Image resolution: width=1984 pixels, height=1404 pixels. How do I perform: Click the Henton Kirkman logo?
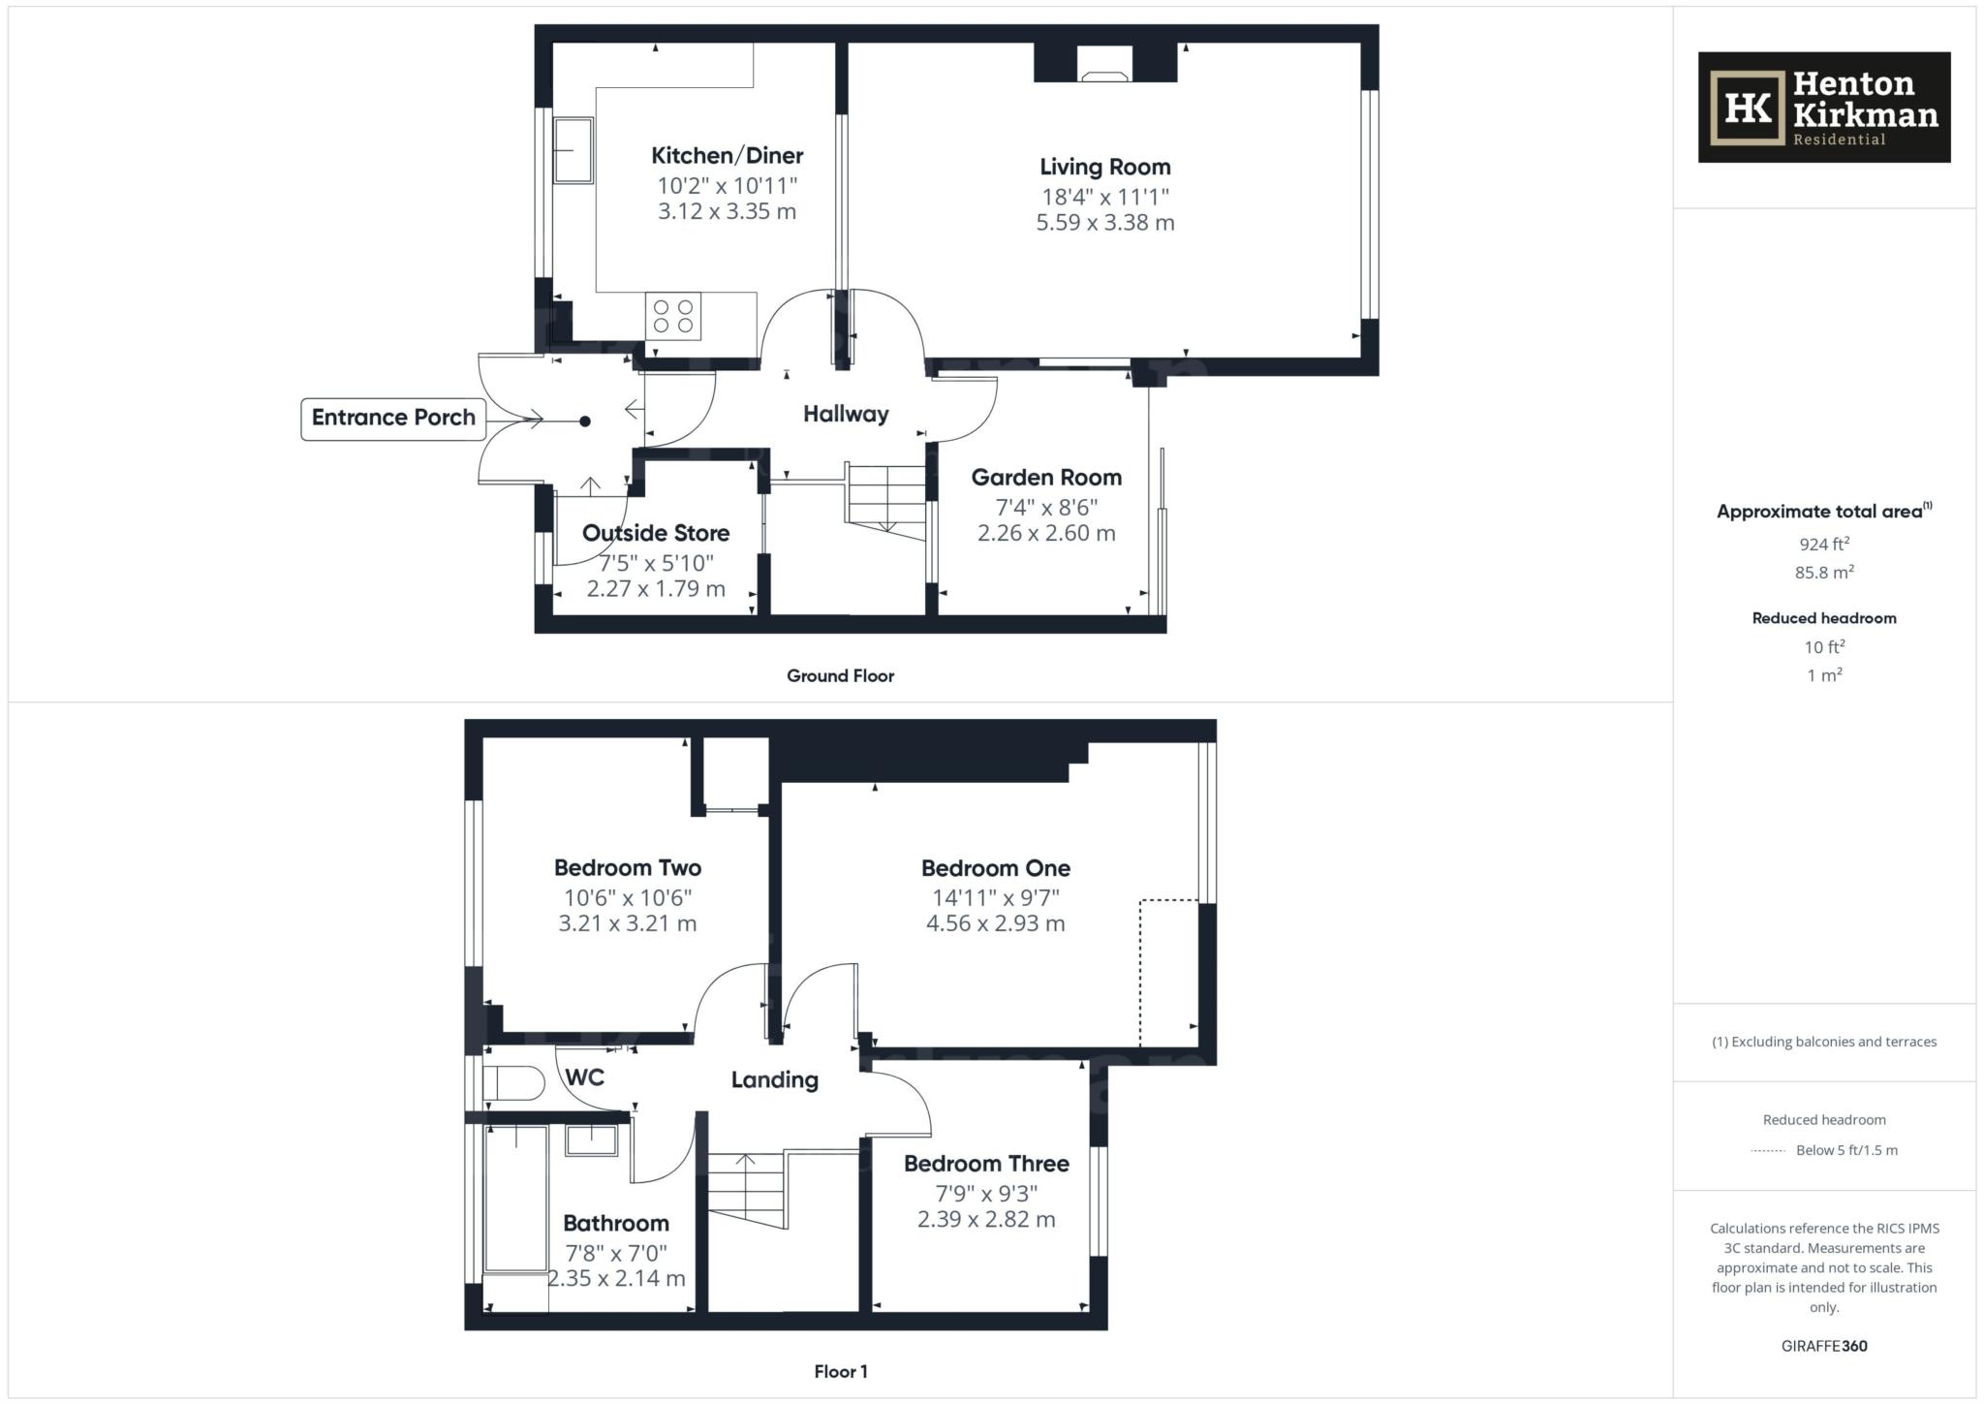pos(1823,108)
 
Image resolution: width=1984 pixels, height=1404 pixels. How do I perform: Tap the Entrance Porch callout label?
pos(393,419)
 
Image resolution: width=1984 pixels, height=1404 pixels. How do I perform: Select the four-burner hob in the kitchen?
pos(673,316)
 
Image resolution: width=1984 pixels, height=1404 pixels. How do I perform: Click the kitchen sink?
pos(573,150)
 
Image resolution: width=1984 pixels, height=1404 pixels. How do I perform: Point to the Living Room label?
pos(1105,168)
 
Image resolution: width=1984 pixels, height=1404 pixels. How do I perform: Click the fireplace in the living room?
pos(1105,63)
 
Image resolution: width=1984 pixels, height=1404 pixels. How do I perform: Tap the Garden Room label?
pos(1046,478)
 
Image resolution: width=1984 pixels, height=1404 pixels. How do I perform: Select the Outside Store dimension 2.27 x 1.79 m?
pos(656,589)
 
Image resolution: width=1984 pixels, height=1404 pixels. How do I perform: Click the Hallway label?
pos(846,415)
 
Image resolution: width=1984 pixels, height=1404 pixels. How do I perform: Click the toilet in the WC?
pos(512,1083)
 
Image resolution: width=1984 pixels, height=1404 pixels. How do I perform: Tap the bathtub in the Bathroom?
pos(516,1199)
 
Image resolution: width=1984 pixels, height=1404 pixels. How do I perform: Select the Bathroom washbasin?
pos(591,1140)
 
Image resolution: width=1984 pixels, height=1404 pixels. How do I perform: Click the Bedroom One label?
pos(996,869)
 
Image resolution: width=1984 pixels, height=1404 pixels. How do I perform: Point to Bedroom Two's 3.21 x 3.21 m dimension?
pos(628,924)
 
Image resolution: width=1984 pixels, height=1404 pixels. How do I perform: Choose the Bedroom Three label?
pos(986,1165)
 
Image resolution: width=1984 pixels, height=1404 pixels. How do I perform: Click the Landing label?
pos(775,1080)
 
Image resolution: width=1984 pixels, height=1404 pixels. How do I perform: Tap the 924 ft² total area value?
pos(1824,544)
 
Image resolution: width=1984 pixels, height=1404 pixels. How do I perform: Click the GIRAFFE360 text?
pos(1824,1346)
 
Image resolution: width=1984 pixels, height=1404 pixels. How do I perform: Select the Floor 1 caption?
pos(841,1372)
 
